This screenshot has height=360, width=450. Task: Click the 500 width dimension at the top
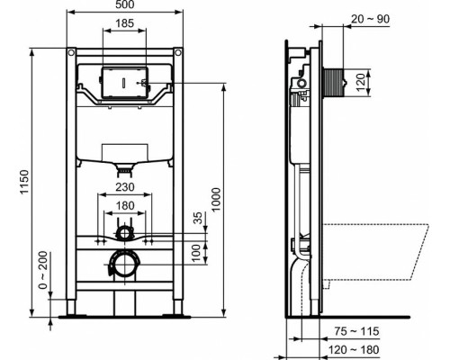126,7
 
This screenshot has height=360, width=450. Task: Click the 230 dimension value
126,188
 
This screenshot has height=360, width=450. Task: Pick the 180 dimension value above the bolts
126,204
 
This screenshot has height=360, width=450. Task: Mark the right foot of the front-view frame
179,314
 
